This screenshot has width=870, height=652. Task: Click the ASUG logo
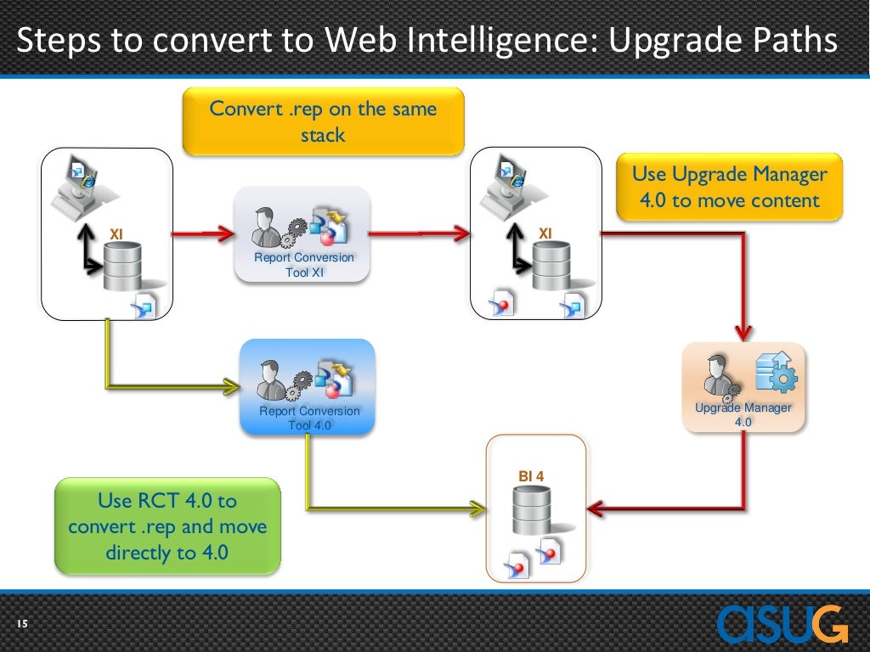click(x=782, y=624)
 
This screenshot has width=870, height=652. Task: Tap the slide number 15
click(x=22, y=626)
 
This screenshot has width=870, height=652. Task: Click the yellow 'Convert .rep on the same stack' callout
click(x=323, y=121)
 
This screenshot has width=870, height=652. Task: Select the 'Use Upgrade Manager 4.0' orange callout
click(x=729, y=188)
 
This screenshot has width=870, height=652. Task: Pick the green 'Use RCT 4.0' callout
click(x=167, y=526)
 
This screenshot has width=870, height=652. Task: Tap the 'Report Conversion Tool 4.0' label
click(x=309, y=418)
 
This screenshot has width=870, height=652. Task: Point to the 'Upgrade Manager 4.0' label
click(x=743, y=414)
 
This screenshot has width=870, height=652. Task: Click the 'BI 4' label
click(x=531, y=476)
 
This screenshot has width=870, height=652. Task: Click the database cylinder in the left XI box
click(x=124, y=264)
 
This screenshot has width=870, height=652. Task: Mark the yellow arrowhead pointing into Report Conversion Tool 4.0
click(x=229, y=388)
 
